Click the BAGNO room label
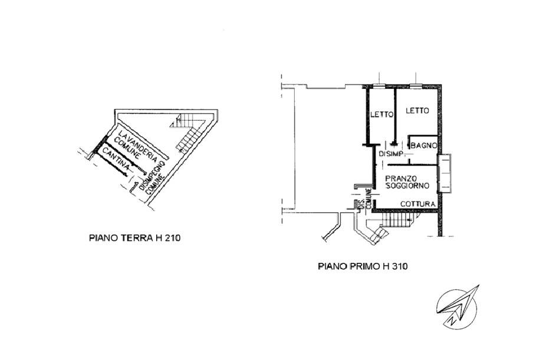point(424,146)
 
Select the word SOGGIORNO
point(407,186)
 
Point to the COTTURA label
point(417,204)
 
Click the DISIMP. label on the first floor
point(392,154)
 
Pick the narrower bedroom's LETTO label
point(382,115)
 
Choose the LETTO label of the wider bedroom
point(417,111)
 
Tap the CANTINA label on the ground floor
point(116,159)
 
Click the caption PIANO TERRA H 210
point(134,237)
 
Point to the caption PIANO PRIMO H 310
point(363,266)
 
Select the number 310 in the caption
point(399,266)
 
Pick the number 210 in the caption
point(172,237)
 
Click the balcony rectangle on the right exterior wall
point(445,173)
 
